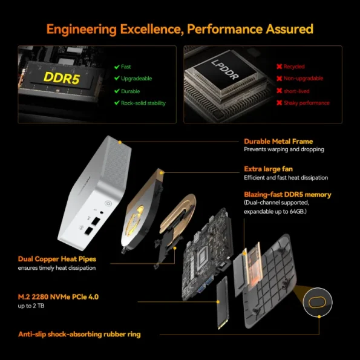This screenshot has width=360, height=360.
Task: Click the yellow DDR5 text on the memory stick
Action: [59, 77]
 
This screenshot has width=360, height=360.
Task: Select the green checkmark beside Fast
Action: [117, 67]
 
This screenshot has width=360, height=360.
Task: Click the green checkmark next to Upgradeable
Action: [117, 79]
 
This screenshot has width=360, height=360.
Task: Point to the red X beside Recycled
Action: [279, 67]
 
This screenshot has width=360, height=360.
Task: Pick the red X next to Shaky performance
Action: [279, 103]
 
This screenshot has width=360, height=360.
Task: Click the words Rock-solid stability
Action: [143, 103]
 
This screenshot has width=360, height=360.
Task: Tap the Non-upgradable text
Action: [303, 79]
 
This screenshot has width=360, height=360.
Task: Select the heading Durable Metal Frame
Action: [278, 141]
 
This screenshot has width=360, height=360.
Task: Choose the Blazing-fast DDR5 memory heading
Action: [287, 194]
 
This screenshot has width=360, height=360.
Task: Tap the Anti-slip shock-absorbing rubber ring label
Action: [88, 334]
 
